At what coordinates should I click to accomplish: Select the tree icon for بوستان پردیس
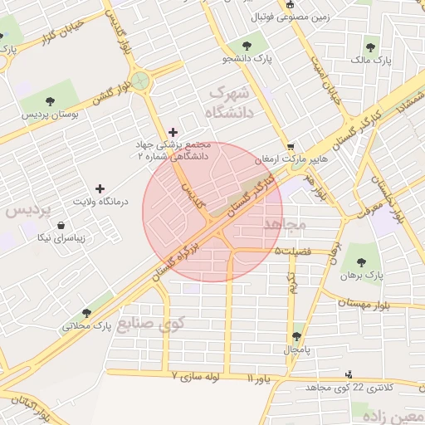point(51,100)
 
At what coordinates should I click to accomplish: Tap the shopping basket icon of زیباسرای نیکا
point(61,224)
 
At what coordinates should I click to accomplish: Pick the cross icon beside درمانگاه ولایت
point(101,189)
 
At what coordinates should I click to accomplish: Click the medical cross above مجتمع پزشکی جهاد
point(173,131)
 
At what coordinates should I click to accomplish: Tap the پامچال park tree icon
point(296,336)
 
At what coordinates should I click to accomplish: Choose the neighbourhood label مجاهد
point(284,225)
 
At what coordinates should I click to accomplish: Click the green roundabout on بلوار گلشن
point(139,80)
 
